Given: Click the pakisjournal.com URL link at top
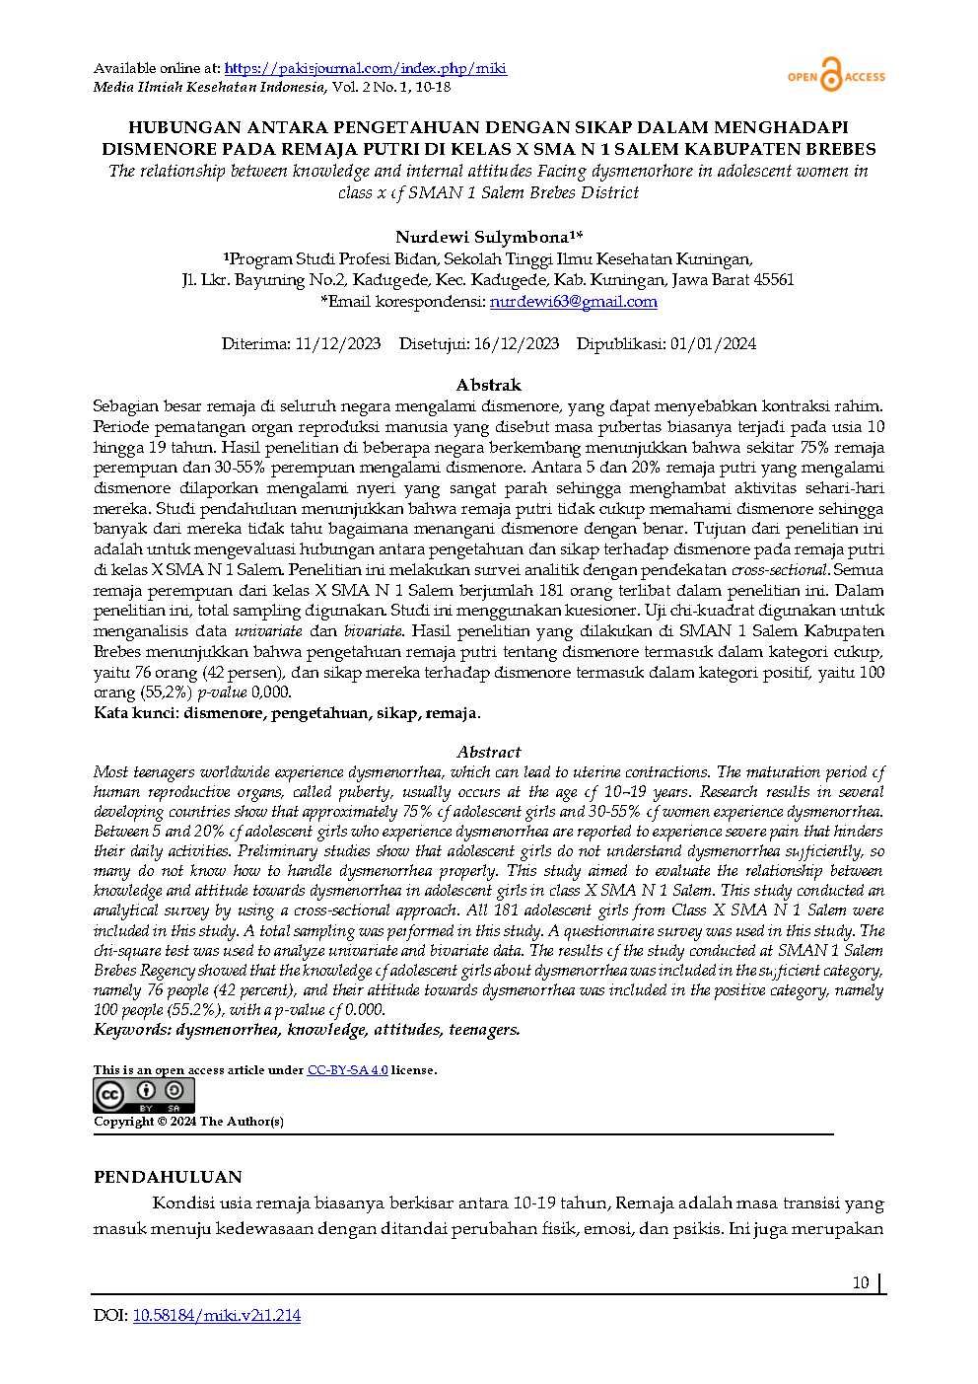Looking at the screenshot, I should coord(365,68).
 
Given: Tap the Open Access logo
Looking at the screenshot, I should coord(835,76).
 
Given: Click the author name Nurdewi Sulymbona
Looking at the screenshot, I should coord(482,237).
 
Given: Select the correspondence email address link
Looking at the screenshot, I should coord(573,302).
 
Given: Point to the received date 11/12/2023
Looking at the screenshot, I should coord(338,343).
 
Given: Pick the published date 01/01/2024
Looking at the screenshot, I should coord(713,343).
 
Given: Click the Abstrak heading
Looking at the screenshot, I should coord(489,385).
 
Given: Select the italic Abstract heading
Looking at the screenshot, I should coord(489,752).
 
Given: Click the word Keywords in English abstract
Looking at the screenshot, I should coord(131,1029).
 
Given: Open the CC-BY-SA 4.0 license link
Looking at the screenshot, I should coord(347,1069).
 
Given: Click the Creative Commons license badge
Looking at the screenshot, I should coord(144,1095).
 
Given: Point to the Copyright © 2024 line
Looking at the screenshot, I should coord(188,1121).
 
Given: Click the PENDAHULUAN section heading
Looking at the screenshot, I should coord(168,1177).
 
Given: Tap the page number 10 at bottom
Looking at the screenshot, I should coord(861,1282).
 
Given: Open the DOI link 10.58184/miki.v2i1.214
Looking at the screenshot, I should coord(216,1315).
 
